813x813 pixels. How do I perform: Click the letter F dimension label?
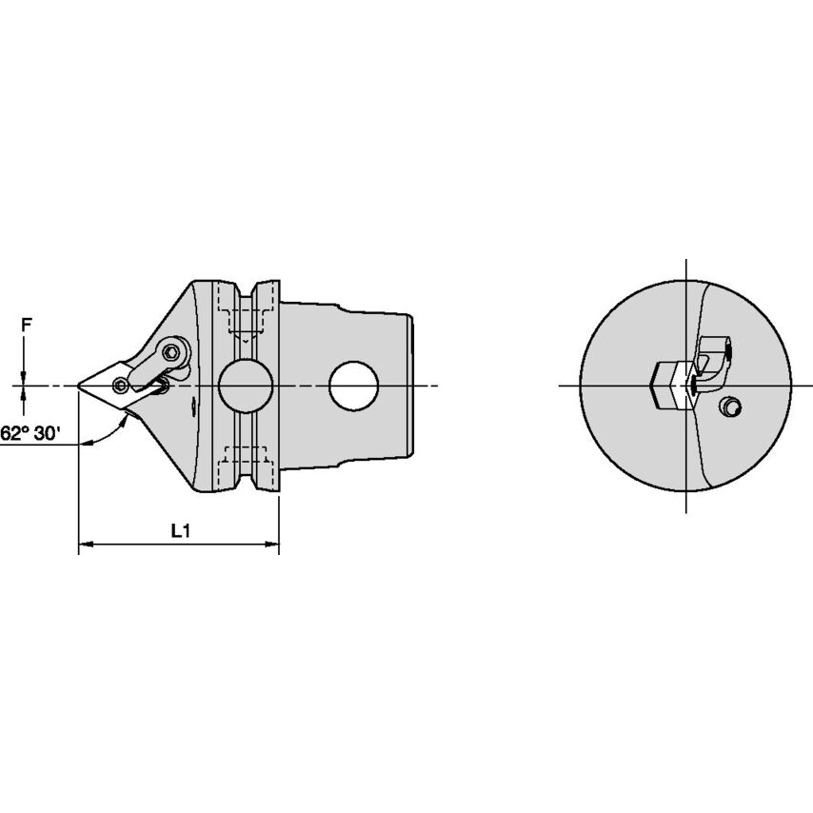tap(27, 325)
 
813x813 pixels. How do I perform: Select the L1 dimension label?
tap(181, 530)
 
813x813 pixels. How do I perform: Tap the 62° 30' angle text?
tap(30, 433)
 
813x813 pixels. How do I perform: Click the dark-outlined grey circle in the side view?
tap(246, 386)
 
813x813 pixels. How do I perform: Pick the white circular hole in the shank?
tap(353, 386)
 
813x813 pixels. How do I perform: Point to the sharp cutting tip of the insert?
tap(78, 386)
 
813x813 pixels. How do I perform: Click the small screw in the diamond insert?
tap(121, 386)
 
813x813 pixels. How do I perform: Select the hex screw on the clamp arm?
tap(171, 353)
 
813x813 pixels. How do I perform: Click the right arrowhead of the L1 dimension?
tap(272, 545)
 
